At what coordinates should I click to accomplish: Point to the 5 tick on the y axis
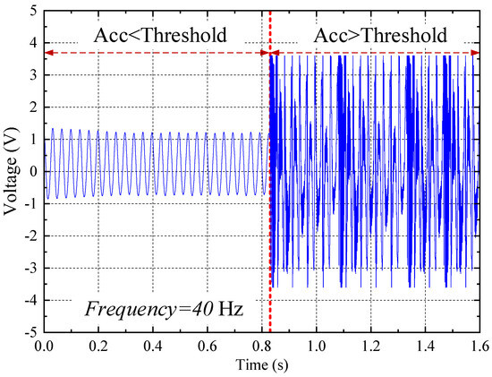(32, 11)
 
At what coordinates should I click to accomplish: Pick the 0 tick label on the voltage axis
(32, 171)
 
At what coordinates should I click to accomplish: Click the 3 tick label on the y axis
(32, 75)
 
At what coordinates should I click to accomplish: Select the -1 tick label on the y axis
(30, 203)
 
